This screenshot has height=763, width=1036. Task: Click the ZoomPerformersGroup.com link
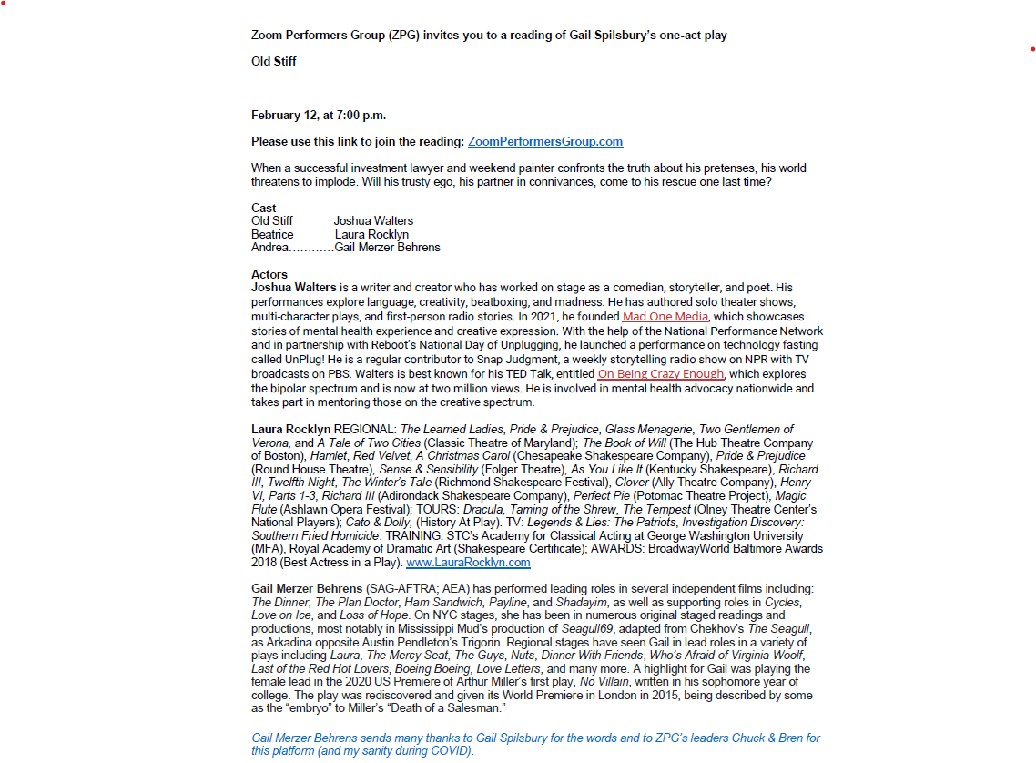click(x=545, y=142)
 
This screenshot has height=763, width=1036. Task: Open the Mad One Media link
click(x=665, y=317)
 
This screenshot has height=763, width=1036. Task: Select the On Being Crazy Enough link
click(x=661, y=374)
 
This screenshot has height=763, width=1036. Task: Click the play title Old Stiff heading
click(x=274, y=62)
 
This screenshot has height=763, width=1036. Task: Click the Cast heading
click(x=264, y=208)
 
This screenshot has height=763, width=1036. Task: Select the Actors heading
click(x=269, y=274)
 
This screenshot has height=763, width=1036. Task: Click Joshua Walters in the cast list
click(x=373, y=221)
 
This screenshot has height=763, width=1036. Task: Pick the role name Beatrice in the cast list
click(x=272, y=234)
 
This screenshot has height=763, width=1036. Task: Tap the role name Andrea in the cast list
click(x=270, y=248)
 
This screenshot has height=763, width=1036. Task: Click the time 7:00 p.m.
click(x=361, y=116)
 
